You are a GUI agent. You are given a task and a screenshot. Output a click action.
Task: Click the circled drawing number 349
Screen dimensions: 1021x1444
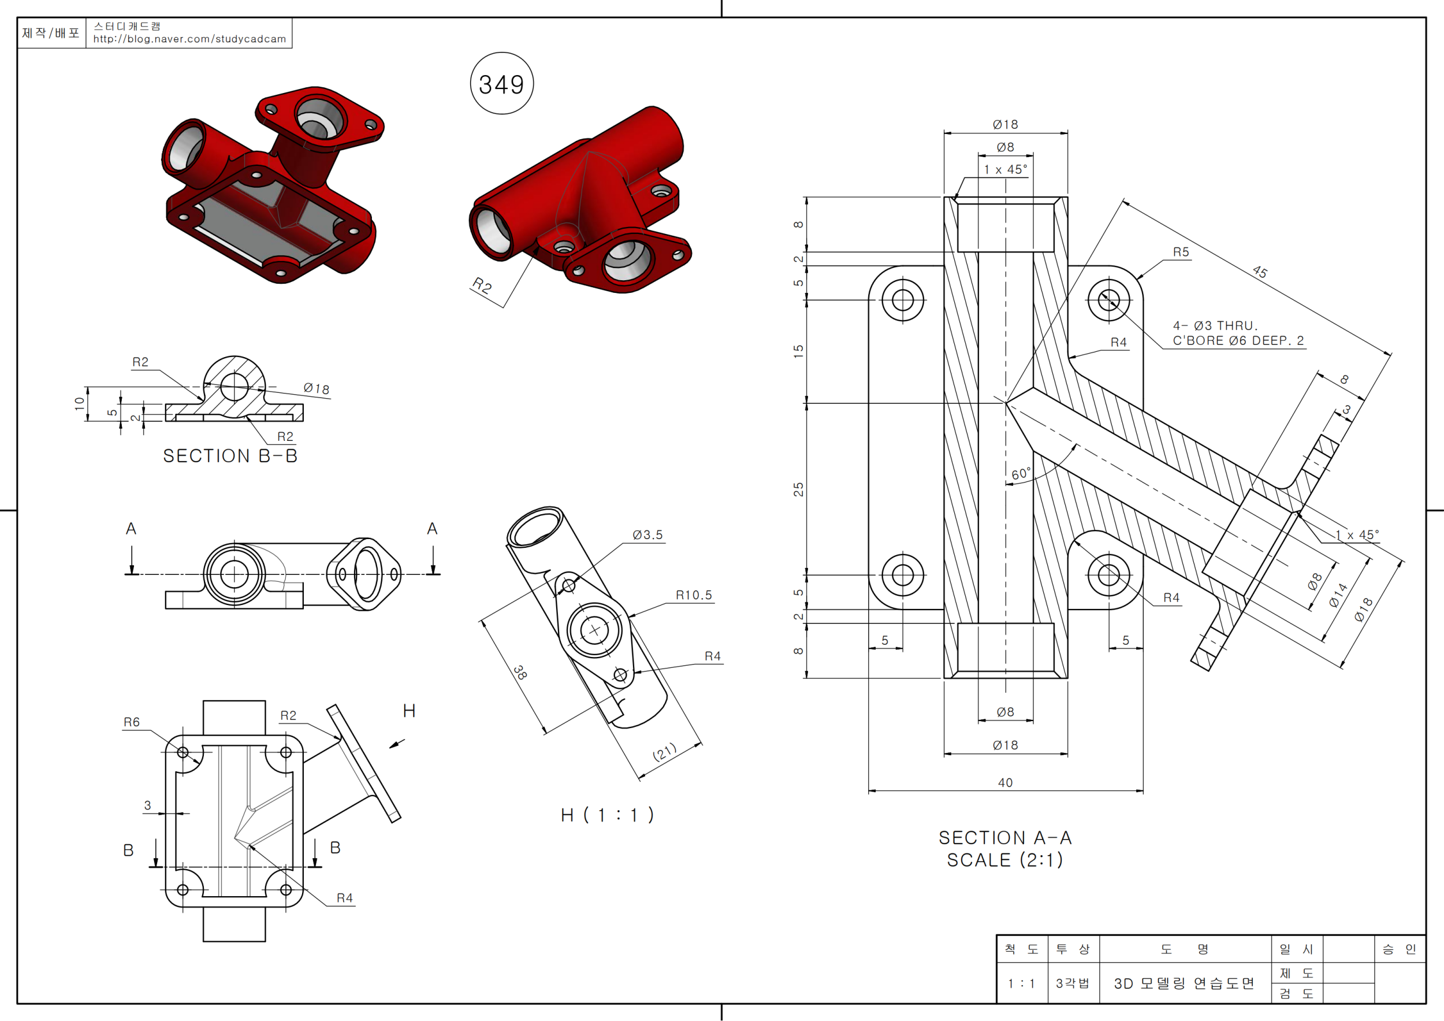point(501,84)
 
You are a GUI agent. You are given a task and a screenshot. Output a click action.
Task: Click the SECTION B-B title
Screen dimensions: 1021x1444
point(230,455)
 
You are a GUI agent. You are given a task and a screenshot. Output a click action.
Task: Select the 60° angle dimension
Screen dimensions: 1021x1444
point(1021,473)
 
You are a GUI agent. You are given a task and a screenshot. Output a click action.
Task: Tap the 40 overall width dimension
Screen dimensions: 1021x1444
point(1005,782)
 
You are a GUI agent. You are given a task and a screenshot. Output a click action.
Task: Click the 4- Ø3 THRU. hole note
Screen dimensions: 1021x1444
point(1215,325)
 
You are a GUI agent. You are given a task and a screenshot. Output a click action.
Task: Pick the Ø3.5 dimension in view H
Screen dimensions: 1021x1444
point(647,534)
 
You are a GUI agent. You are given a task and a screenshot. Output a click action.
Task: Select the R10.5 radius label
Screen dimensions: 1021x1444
point(694,595)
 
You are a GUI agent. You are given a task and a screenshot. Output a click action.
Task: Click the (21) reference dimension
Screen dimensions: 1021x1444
point(665,752)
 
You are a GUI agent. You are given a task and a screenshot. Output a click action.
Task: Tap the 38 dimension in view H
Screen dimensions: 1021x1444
point(520,673)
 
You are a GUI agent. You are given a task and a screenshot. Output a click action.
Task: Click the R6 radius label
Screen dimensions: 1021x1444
point(132,722)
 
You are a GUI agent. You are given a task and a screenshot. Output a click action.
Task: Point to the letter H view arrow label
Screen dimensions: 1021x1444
point(409,711)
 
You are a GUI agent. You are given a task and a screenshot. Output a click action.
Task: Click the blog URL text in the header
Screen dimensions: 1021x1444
point(189,39)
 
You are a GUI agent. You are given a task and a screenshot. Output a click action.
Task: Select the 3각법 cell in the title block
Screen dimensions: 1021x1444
point(1072,983)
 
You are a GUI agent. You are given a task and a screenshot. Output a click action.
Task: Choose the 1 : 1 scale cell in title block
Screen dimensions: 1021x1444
point(1021,983)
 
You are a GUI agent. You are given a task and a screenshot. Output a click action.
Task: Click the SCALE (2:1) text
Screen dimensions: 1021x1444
point(1004,860)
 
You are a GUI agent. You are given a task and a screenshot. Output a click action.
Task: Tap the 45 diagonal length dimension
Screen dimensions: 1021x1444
point(1260,271)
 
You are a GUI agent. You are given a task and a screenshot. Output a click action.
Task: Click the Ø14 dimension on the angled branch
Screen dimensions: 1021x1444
point(1338,595)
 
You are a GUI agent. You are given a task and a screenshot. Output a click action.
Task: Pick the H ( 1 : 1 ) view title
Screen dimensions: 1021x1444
point(608,815)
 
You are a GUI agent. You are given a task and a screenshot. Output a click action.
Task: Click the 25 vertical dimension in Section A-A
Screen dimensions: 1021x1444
point(798,489)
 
